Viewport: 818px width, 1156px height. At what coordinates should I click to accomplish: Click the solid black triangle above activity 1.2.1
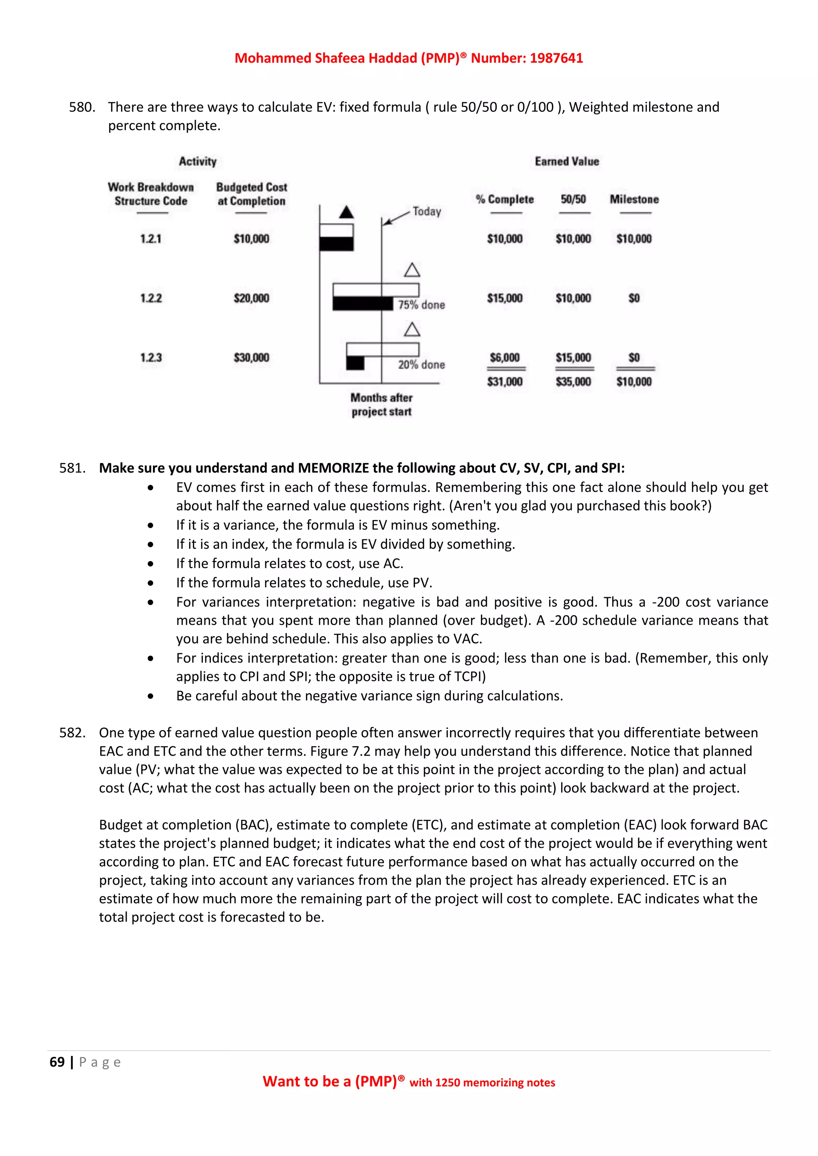(346, 212)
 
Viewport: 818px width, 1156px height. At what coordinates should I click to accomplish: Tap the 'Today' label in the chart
(427, 212)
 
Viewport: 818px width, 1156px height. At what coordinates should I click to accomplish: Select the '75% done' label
(422, 305)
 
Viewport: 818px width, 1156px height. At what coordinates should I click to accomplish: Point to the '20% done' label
(422, 364)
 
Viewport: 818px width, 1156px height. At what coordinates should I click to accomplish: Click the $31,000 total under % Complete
(505, 382)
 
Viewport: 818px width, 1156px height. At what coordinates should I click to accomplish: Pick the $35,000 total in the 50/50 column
(573, 382)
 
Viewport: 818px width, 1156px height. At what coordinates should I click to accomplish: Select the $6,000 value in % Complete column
(505, 358)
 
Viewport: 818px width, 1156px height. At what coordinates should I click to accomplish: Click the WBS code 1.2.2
(151, 298)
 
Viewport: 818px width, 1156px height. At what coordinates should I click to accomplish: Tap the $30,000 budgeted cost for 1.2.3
(251, 358)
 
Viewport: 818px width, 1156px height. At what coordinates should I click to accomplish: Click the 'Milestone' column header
(634, 199)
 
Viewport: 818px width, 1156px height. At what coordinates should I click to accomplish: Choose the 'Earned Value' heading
(567, 162)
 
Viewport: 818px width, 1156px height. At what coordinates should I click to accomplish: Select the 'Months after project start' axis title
(381, 405)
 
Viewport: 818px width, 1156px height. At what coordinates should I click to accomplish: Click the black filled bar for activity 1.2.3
(355, 363)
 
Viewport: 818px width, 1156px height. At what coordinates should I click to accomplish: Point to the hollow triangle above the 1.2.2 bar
(412, 270)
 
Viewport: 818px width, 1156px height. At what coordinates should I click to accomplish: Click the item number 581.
(72, 468)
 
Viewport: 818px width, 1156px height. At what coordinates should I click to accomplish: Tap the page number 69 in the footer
(57, 1062)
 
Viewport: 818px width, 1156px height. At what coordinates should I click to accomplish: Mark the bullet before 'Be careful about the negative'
(151, 696)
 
